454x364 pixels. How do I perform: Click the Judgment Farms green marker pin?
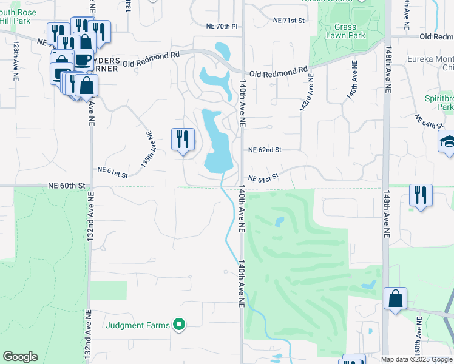[178, 325]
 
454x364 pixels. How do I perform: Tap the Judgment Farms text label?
[138, 325]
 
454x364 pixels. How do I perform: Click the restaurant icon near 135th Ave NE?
[183, 140]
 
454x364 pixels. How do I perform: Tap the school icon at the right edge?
[447, 143]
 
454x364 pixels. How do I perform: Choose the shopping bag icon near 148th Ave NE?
[395, 298]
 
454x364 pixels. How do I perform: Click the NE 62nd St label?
[265, 149]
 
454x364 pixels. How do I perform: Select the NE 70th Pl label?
[222, 27]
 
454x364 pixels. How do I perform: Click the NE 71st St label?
[288, 21]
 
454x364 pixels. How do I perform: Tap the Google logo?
[20, 357]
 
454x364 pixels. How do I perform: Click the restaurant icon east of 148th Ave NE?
[420, 195]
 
